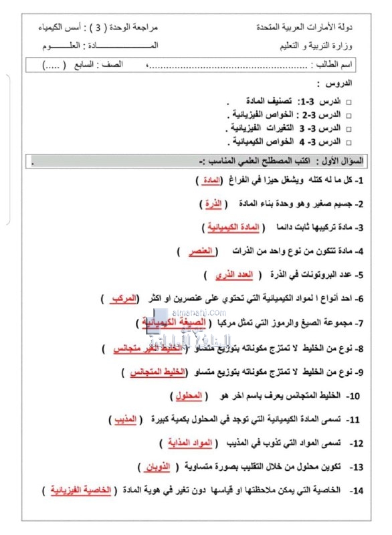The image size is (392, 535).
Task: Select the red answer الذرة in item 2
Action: point(213,203)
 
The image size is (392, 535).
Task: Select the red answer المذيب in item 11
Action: point(127,419)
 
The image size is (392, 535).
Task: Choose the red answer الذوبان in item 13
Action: point(158,467)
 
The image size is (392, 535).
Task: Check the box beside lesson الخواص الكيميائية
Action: point(348,142)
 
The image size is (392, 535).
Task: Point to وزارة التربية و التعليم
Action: point(315,47)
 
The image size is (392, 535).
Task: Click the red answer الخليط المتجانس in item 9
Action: point(161,372)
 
